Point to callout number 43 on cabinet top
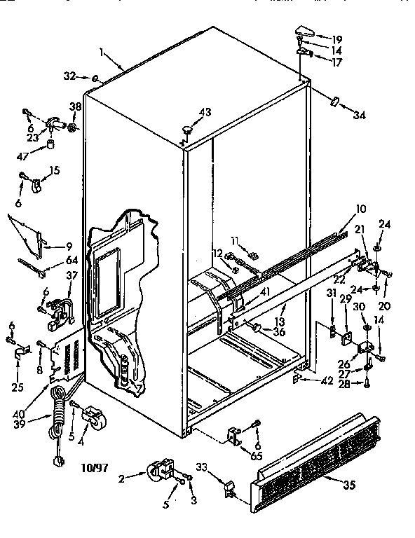click(205, 113)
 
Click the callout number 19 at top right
click(336, 39)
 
